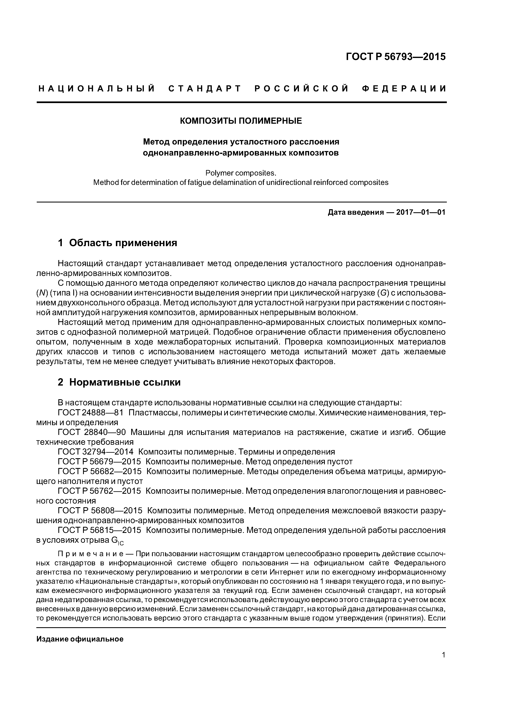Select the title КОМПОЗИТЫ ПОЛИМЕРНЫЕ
[x=241, y=121]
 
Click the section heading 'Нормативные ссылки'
[x=125, y=382]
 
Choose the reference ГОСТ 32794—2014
[x=95, y=452]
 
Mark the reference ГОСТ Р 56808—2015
[x=100, y=510]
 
